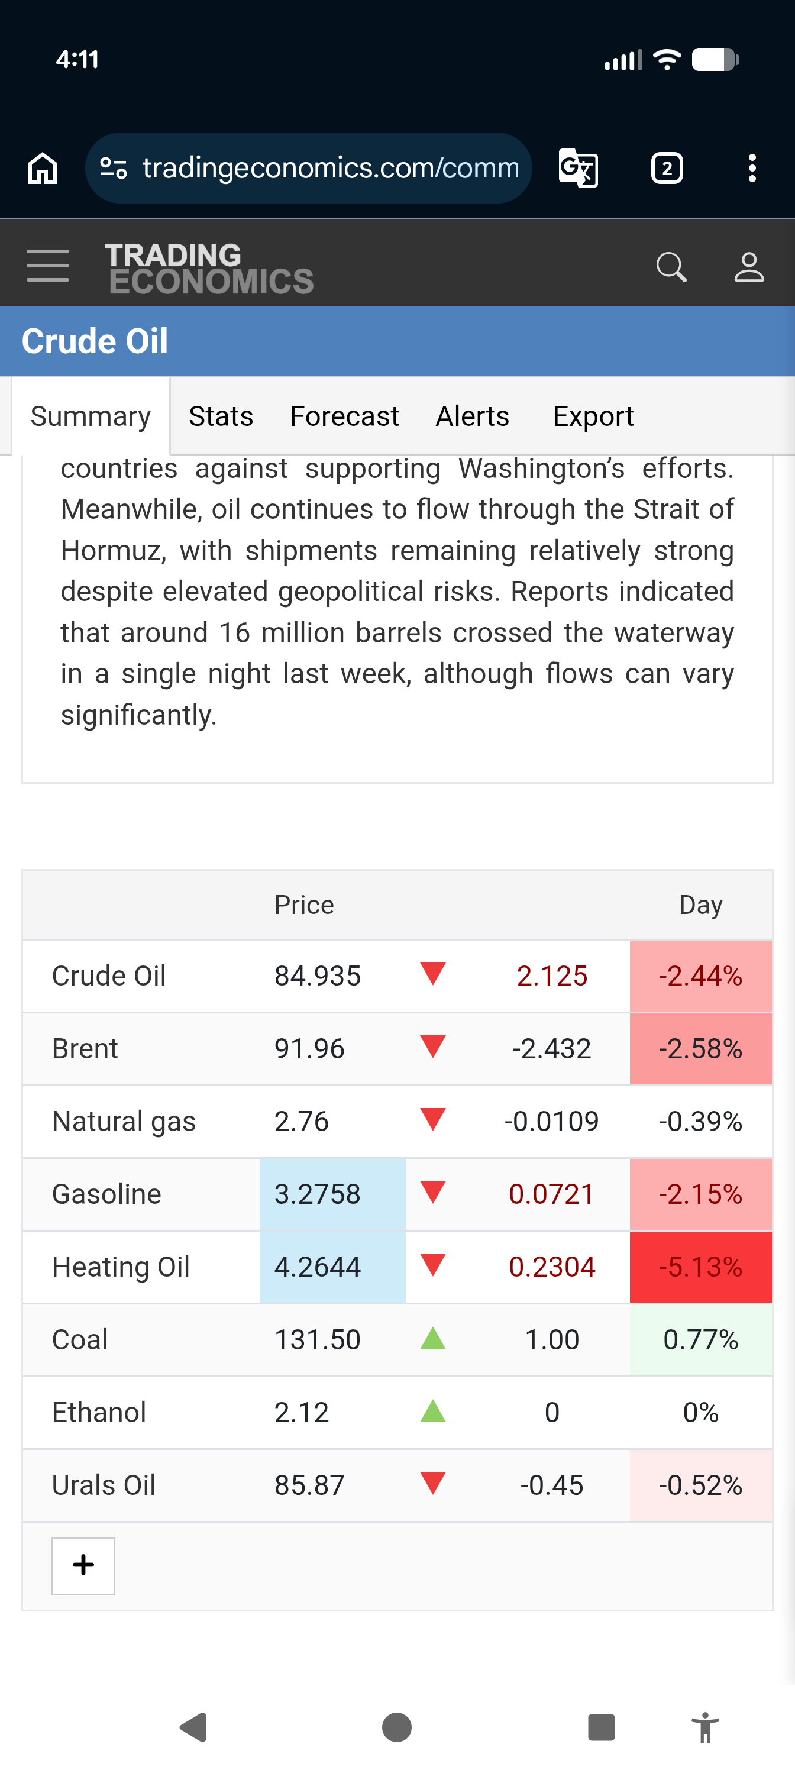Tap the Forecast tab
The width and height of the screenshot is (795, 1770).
(x=344, y=416)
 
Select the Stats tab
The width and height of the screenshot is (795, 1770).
(x=221, y=416)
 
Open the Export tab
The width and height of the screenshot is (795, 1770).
(x=593, y=416)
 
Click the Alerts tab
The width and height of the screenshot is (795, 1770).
(x=472, y=416)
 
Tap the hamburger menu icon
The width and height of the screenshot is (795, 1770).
(x=48, y=266)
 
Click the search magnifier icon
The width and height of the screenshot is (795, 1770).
(x=671, y=267)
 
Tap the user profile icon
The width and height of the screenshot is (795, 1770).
(x=749, y=267)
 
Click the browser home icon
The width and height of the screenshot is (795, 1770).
(x=43, y=169)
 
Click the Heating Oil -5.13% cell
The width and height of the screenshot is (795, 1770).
(x=701, y=1267)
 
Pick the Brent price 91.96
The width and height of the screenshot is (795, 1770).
(x=309, y=1048)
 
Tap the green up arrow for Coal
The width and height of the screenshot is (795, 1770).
(x=433, y=1339)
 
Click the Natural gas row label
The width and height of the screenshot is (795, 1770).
(x=124, y=1122)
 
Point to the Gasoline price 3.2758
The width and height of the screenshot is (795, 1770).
(x=318, y=1194)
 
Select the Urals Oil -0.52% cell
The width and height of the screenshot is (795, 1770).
(x=701, y=1485)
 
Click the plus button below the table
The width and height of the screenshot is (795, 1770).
(x=83, y=1565)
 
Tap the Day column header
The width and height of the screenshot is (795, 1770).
(x=701, y=905)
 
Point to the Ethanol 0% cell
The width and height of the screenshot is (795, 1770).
(x=701, y=1413)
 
